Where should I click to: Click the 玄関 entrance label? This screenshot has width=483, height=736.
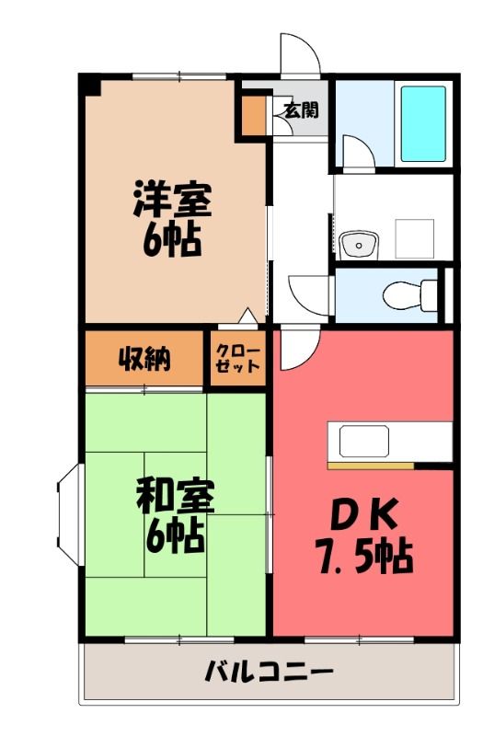(301, 109)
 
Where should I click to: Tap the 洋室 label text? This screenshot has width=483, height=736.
(172, 199)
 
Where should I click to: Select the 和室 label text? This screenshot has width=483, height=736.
(176, 495)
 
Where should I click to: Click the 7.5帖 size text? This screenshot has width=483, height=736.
(364, 557)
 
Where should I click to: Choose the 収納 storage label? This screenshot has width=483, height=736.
(144, 359)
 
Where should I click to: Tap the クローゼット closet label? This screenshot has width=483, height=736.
(237, 359)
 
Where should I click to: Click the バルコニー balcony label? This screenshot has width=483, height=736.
(269, 671)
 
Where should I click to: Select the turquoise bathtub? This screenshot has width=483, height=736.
(423, 124)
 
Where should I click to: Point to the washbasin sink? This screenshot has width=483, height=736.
(359, 245)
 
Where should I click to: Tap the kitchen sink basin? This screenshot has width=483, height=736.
(363, 441)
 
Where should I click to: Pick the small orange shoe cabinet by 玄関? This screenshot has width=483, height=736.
(255, 116)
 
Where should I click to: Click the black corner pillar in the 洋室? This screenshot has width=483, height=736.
(90, 85)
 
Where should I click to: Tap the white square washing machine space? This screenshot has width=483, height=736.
(414, 238)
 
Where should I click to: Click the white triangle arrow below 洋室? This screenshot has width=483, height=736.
(247, 316)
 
